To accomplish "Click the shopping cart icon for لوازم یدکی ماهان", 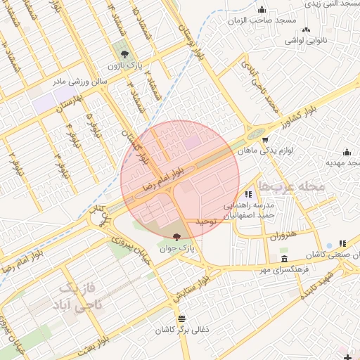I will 264,139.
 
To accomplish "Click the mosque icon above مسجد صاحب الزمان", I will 262,10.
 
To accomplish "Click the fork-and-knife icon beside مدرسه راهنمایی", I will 247,194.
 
